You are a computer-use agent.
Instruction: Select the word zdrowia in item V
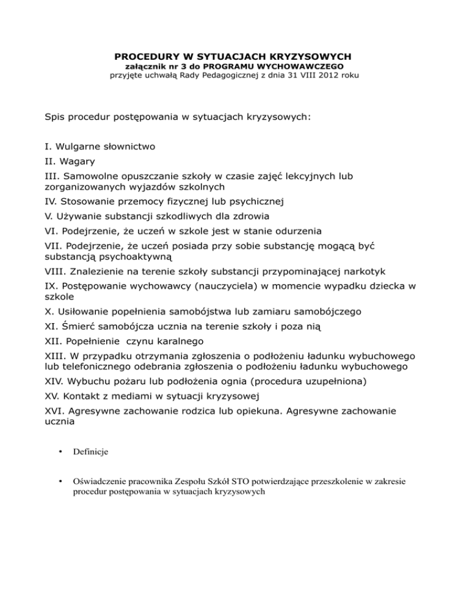(246, 216)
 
